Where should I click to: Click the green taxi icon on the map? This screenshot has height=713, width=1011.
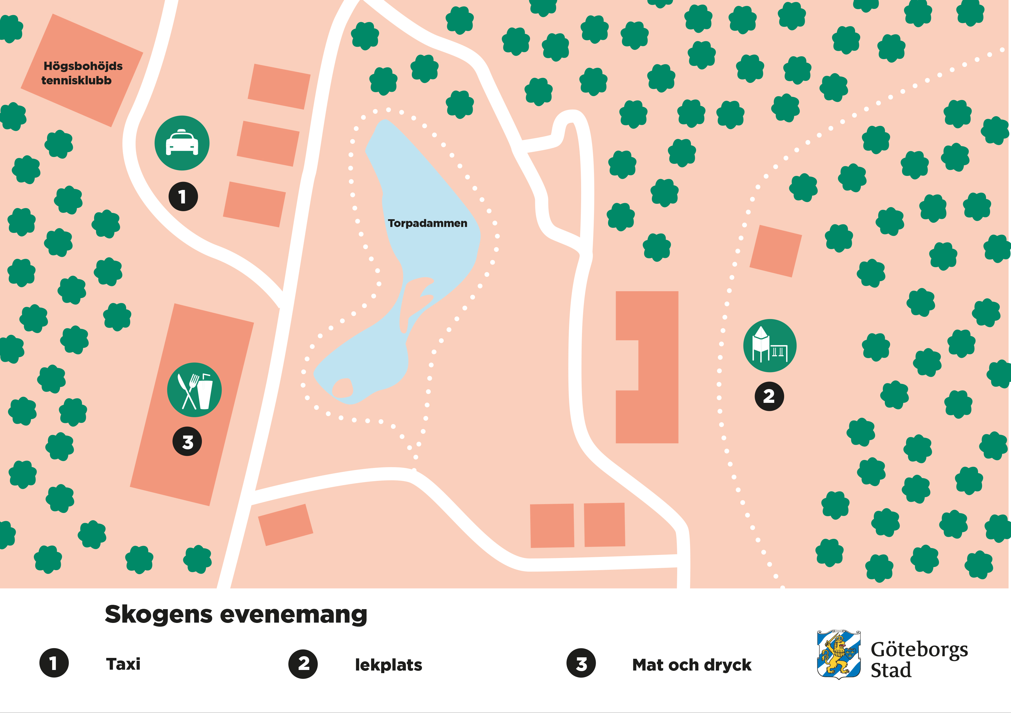pos(182,143)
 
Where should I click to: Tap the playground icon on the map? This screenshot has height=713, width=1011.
pos(770,346)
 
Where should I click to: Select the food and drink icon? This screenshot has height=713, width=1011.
pos(194,390)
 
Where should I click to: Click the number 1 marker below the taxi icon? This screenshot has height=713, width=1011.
pos(183,197)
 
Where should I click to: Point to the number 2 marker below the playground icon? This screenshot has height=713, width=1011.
pos(769,396)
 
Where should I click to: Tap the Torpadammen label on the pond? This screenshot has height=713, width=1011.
pos(427,223)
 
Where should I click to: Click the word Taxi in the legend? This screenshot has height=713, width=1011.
pos(123,664)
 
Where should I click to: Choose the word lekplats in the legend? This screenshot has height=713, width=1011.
pos(388,665)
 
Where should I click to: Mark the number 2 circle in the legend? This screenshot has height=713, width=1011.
pos(303,664)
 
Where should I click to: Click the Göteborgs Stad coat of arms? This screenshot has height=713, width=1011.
pos(838,654)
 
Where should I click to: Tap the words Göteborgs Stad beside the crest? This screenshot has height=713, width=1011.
pos(919,659)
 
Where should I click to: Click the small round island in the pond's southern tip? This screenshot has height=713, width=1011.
pos(342,388)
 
